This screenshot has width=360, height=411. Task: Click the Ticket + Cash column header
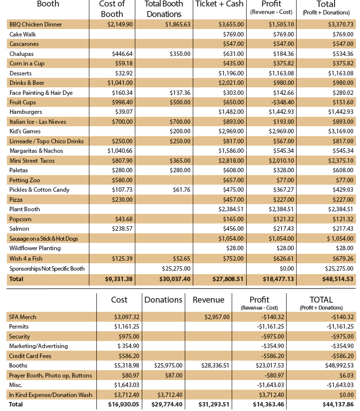pyautogui.click(x=220, y=4)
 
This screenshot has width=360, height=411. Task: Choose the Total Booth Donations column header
pyautogui.click(x=164, y=9)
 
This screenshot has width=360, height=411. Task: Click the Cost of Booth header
pyautogui.click(x=112, y=9)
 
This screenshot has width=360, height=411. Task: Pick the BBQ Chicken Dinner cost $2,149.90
pyautogui.click(x=120, y=24)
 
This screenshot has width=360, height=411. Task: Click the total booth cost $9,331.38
pyautogui.click(x=119, y=279)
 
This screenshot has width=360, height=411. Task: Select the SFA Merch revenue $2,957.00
pyautogui.click(x=217, y=317)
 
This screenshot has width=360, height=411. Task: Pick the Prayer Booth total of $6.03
pyautogui.click(x=346, y=376)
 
